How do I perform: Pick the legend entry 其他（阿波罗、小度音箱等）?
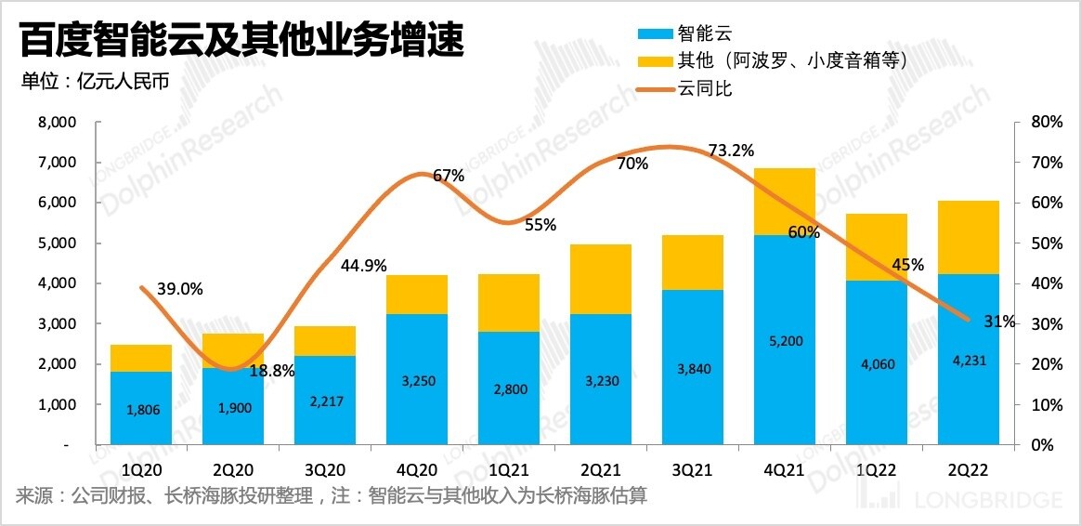(771, 61)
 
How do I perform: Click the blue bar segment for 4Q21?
(785, 339)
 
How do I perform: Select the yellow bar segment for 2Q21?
(601, 279)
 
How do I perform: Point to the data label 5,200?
(785, 341)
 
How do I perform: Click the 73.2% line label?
(731, 150)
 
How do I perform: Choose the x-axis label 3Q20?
(325, 470)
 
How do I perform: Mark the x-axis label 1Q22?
(877, 470)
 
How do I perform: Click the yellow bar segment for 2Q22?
(969, 237)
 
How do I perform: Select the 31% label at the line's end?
(1000, 322)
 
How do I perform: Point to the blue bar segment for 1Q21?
(509, 388)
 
